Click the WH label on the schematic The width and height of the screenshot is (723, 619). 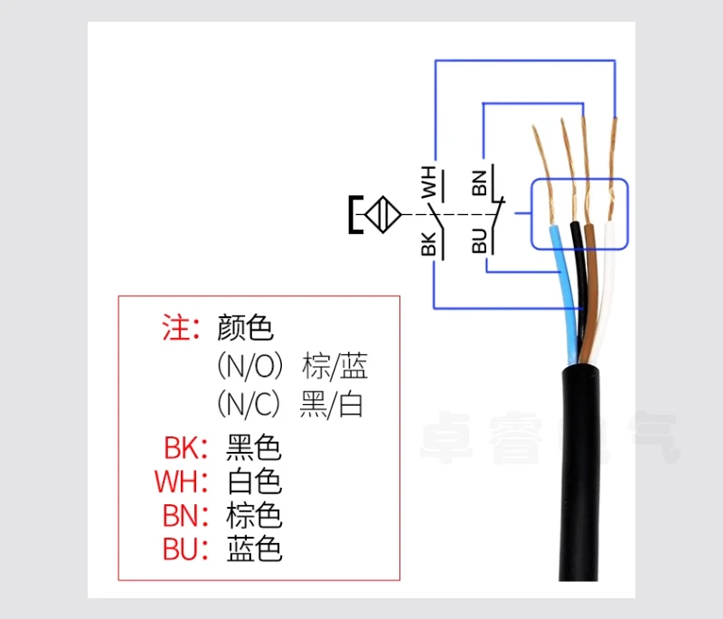coord(428,182)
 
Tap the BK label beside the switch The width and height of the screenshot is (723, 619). coord(428,243)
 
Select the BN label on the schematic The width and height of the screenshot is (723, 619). coord(480,183)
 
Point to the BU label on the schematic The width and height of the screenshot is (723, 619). coord(480,240)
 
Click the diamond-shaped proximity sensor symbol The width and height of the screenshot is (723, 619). coord(382,215)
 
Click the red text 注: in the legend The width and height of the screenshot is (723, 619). coord(181,327)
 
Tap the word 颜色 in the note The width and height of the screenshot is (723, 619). coord(245,327)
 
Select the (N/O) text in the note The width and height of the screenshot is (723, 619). coord(250,365)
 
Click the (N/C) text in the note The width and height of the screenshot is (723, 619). coord(249,404)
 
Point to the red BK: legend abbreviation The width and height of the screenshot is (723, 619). coord(186,447)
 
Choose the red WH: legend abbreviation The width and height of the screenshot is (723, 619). coord(182,482)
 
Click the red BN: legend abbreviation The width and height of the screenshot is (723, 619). coord(185,515)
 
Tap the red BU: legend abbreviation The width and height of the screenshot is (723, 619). coord(185,549)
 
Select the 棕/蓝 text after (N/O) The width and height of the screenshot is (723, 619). coord(334,366)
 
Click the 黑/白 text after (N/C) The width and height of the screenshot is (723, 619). coord(331,404)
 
